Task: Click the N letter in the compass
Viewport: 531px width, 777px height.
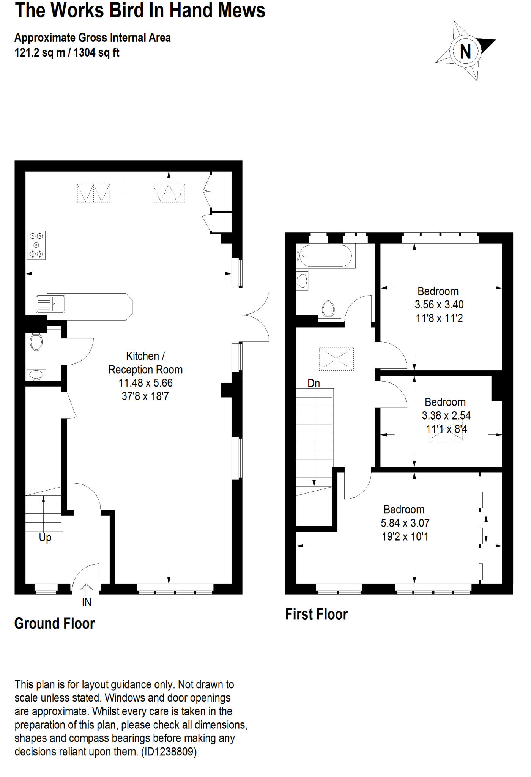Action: (465, 52)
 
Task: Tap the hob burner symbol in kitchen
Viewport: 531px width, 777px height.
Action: (36, 245)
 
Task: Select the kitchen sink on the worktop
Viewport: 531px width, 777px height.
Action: (50, 304)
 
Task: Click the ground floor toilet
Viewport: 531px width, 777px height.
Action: (36, 341)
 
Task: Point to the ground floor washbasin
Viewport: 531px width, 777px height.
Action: (36, 375)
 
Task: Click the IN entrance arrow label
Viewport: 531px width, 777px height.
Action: (87, 602)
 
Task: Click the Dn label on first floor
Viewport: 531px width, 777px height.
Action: (314, 383)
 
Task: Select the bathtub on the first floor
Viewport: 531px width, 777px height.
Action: (325, 256)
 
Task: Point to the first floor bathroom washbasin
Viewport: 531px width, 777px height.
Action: (303, 281)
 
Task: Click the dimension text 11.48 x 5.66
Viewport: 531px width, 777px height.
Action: (145, 383)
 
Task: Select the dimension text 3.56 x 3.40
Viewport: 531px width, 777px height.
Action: (439, 305)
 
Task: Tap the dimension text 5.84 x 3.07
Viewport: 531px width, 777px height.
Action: (405, 523)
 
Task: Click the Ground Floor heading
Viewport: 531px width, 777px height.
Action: (54, 624)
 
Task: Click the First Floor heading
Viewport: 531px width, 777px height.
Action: (316, 614)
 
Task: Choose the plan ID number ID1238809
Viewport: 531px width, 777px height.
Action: (169, 752)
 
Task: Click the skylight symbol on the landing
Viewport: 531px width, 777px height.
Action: (336, 359)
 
